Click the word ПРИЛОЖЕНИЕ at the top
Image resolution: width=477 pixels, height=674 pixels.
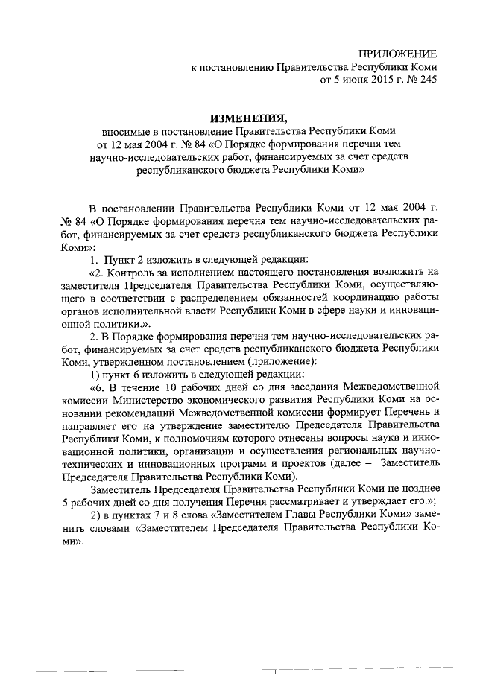tap(397, 53)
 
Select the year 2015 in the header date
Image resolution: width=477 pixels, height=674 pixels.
tap(370, 80)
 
